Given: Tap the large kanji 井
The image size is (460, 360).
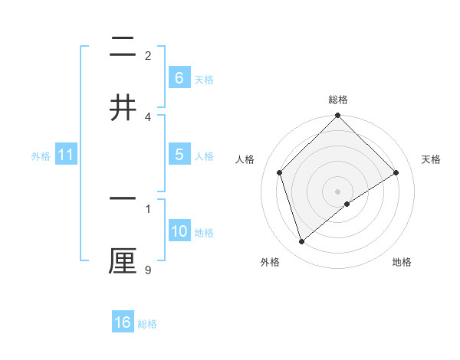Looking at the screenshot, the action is [123, 107].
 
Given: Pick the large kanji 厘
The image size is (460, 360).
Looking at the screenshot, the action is [123, 260].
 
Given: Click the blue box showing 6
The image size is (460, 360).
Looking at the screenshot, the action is [179, 78].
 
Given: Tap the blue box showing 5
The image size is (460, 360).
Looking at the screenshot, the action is [179, 155].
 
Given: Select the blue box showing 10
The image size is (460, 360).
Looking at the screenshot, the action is [179, 231].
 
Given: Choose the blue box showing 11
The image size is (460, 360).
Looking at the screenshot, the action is [66, 155].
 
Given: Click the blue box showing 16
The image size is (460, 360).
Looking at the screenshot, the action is [123, 322].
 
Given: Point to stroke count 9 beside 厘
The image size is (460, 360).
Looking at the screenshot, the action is [147, 270].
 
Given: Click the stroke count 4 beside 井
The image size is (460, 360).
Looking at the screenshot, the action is [147, 116].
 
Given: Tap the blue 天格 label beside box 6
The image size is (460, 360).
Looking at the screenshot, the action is [204, 80].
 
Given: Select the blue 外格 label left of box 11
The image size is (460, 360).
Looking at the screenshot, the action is [41, 156].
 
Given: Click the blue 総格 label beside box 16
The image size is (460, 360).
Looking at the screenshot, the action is [147, 324].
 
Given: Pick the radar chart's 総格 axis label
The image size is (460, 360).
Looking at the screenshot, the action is [337, 100].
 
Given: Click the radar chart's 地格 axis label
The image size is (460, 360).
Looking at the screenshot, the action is [402, 262].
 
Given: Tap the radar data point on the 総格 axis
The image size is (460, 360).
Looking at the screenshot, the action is [337, 116].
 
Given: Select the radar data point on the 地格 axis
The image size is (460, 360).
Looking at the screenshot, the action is [347, 203].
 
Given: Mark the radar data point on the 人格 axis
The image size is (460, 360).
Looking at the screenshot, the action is [280, 172].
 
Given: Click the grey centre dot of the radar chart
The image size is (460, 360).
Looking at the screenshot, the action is [337, 191].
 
